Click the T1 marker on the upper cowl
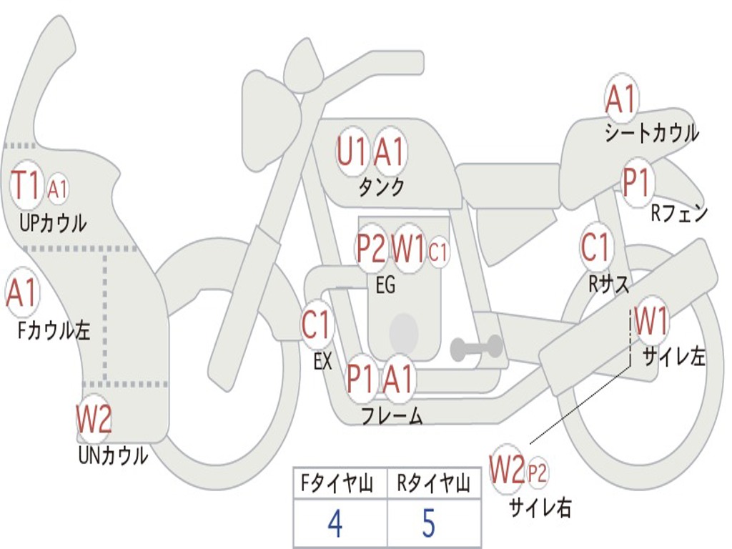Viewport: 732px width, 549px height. pos(26,187)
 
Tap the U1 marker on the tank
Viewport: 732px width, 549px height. pos(352,152)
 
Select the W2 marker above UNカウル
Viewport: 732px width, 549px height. pos(94,419)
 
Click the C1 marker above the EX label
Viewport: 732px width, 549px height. pos(317,325)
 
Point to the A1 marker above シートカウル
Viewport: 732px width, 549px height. pos(620,99)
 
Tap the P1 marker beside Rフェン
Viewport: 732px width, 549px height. pos(635,184)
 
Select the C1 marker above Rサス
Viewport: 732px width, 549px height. pos(595,247)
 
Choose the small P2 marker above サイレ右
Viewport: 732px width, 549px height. pos(538,473)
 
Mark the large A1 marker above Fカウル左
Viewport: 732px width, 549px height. pos(21,293)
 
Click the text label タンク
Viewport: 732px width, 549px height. pos(381,187)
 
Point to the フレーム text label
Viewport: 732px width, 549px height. pos(391,416)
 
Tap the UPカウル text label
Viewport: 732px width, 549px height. pos(53,224)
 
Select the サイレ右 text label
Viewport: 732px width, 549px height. pos(540,508)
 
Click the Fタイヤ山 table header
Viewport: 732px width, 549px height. pos(336,485)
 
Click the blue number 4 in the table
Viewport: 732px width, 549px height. pos(335,524)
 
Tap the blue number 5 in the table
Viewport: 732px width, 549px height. pos(428,524)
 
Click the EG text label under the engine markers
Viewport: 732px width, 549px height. pos(385,285)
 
